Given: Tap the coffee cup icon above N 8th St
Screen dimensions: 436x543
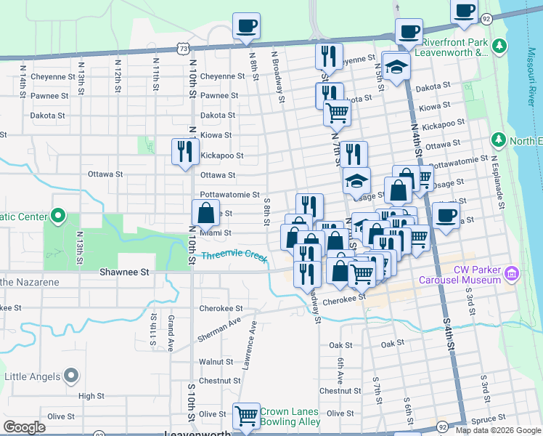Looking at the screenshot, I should point(245,26).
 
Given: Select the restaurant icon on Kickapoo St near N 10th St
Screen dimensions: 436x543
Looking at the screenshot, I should point(185,151).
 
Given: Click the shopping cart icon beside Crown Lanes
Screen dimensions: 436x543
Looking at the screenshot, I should point(247,416).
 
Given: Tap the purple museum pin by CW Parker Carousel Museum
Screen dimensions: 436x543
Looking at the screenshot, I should point(513,275).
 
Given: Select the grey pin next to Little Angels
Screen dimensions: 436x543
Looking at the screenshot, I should point(70,376).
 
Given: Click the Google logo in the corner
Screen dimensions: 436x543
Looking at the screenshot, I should point(24,427).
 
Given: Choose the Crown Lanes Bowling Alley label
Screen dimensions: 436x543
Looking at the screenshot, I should point(290,416).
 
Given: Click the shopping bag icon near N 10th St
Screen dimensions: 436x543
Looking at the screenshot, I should point(206,214).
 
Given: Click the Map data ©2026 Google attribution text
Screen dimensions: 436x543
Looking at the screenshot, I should point(498,430).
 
